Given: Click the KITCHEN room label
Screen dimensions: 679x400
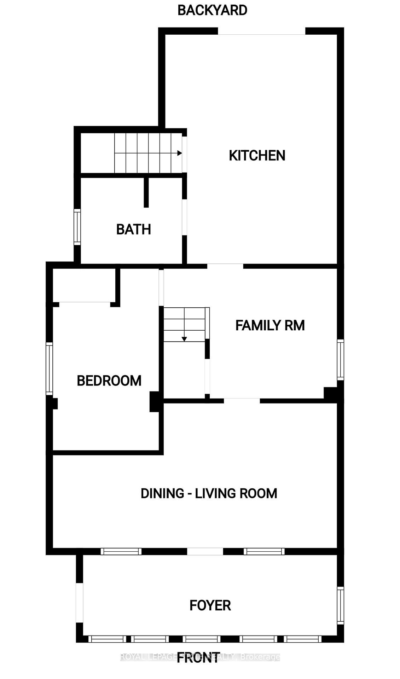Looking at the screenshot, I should coord(257,156).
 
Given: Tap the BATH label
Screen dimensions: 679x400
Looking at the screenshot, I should coord(133,230).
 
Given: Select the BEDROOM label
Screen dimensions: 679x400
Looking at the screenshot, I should coord(109,381).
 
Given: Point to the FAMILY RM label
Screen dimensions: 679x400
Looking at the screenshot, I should coord(270,325).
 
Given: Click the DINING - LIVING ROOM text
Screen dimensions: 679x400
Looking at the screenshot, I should coord(209,493).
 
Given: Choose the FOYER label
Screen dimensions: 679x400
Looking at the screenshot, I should coord(210,605).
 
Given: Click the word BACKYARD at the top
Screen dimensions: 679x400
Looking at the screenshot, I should coord(212,10).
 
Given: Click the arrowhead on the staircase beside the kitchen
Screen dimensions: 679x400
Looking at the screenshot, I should coord(179,153).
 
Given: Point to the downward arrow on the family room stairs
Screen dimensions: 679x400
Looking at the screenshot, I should coord(184,339).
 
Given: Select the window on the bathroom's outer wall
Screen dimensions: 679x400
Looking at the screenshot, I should coord(77,227).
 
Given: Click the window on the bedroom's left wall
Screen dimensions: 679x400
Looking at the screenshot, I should coord(50,368).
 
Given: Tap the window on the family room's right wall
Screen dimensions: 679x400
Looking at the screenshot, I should coord(340,360).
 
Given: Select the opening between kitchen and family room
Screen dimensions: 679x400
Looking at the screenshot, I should coord(225,266).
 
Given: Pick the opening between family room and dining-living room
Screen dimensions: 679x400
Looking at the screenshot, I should coord(242,400).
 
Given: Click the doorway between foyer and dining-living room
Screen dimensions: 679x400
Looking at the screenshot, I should coord(205,551).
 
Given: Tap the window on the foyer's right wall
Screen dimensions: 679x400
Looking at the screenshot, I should coord(340,605).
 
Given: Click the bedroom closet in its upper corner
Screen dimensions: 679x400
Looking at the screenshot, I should coord(84,285).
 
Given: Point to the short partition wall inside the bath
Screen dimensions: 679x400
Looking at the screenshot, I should coord(146,192).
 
